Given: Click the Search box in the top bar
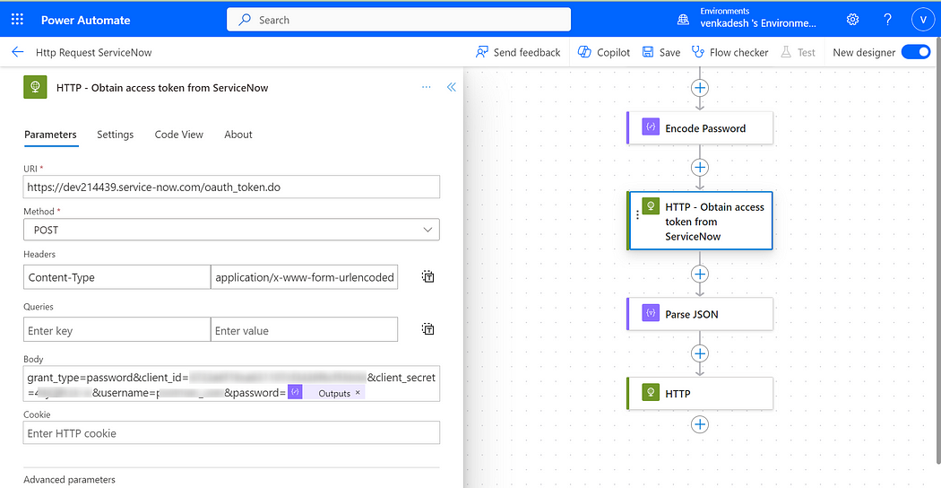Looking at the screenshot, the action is coord(398,20).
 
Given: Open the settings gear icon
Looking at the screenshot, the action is coord(852,20).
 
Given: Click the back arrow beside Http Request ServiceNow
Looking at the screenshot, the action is coord(17,52).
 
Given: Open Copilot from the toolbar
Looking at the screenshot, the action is coord(604,52).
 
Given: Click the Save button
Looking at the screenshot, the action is coord(661,52).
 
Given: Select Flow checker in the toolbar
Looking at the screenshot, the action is coord(729,52).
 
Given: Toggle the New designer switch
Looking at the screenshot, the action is coord(916,52).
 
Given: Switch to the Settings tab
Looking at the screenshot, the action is coord(115,135).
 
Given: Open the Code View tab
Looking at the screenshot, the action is coord(179,135).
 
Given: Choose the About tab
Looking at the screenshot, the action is coord(238,135).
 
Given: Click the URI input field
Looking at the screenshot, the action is coord(231,187).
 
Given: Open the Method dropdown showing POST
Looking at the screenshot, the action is coord(231,230).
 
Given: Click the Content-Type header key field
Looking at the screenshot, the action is coord(117,277).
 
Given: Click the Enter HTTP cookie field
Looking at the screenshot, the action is coord(231,433).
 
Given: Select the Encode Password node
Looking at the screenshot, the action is coord(699,128).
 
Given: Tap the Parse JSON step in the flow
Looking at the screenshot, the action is coord(699,314).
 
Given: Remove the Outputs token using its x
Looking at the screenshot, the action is coord(358,393).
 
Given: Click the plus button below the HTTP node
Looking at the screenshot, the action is coord(700,424).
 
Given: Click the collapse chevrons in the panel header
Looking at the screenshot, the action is coord(452,87).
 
